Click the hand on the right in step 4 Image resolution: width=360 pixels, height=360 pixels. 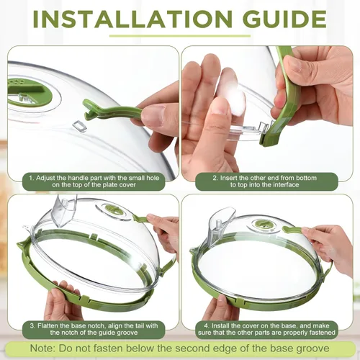[x=331, y=245]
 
